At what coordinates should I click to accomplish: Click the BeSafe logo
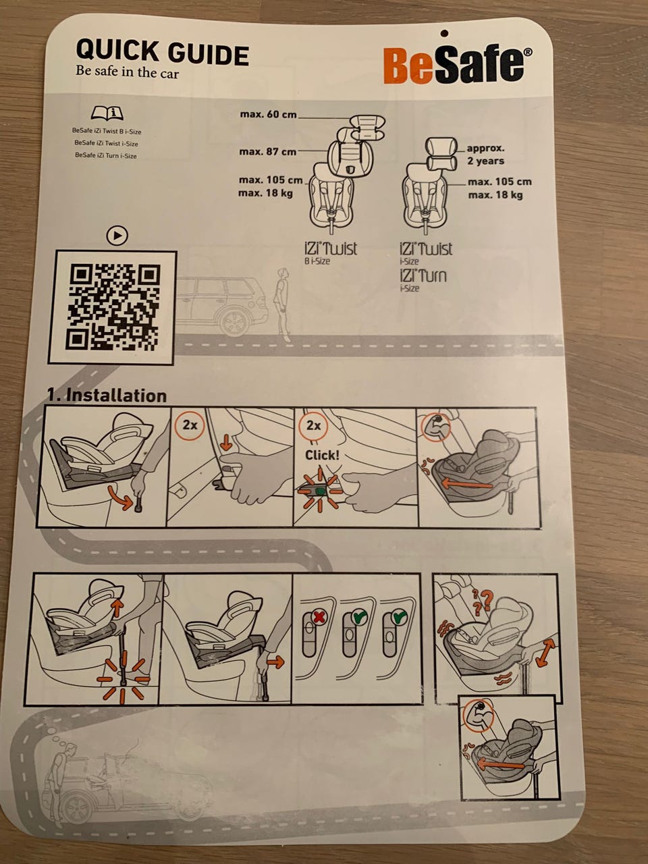click(x=458, y=63)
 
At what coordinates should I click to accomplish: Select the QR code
click(x=114, y=307)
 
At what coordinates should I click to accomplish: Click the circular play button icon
click(x=117, y=236)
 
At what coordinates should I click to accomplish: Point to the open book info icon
click(x=107, y=113)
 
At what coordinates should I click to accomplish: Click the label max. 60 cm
click(x=269, y=115)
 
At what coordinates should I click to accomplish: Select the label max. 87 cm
click(x=267, y=152)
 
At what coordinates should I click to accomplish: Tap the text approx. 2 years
click(x=485, y=155)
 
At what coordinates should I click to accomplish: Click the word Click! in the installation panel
click(x=322, y=456)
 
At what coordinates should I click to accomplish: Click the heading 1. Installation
click(x=107, y=395)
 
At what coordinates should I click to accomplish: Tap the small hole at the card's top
click(x=445, y=33)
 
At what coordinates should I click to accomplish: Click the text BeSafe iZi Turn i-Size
click(x=106, y=155)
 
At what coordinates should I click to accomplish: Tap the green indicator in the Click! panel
click(x=321, y=491)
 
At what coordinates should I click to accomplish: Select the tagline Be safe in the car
click(x=127, y=72)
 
